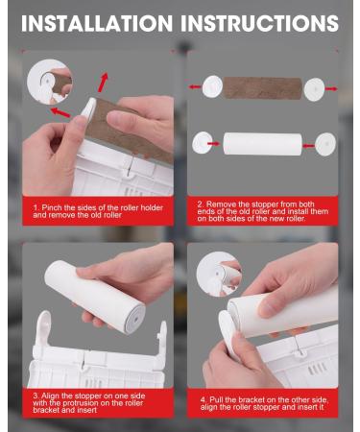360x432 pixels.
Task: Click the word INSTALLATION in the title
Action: point(96,22)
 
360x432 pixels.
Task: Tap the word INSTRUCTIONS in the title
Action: point(260,22)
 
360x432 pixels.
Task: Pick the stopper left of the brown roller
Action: point(212,86)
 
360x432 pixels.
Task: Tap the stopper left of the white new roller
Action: point(204,143)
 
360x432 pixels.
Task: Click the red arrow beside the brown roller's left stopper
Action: point(194,85)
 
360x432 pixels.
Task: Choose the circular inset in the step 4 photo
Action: point(218,275)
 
